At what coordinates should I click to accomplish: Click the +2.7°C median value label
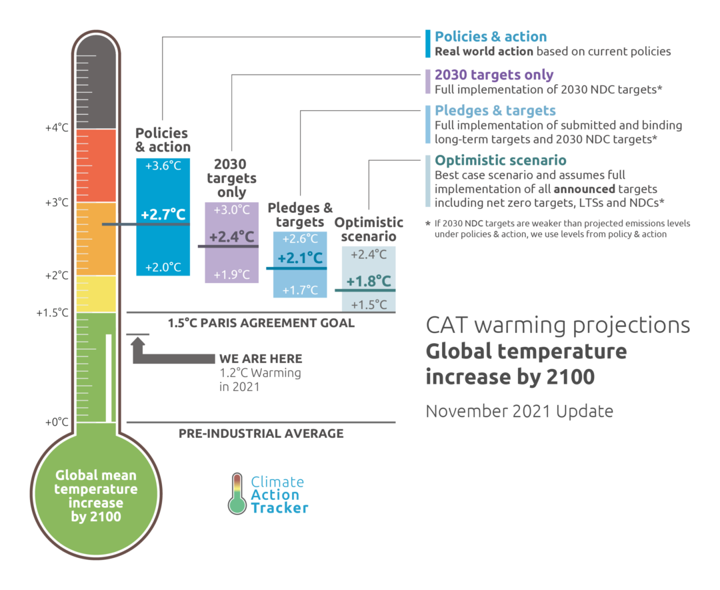[x=163, y=214]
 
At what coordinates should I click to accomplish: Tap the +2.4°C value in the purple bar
[x=231, y=237]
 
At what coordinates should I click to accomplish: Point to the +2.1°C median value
[x=300, y=258]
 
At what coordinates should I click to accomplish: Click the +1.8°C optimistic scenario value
[x=369, y=281]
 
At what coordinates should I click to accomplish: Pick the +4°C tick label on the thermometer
[x=57, y=127]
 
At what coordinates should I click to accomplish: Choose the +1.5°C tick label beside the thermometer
[x=53, y=312]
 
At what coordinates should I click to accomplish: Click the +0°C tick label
[x=57, y=422]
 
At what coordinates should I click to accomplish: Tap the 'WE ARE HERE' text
[x=261, y=359]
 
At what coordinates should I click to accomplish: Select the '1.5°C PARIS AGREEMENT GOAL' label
[x=261, y=323]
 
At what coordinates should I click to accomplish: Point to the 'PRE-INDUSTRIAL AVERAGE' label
[x=261, y=433]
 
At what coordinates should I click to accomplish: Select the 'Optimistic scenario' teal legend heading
[x=500, y=160]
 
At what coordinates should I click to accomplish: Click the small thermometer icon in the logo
[x=237, y=494]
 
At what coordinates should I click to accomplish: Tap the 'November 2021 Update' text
[x=519, y=410]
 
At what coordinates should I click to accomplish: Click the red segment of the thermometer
[x=97, y=165]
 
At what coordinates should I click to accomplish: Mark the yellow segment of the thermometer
[x=97, y=294]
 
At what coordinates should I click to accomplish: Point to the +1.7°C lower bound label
[x=300, y=290]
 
